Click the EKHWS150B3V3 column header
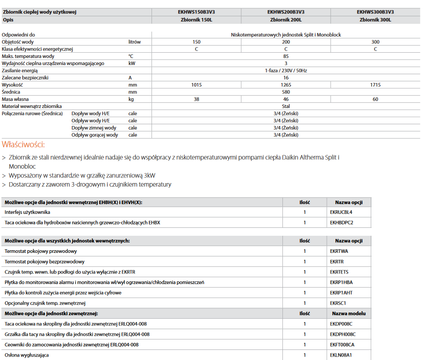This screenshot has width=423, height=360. (x=196, y=12)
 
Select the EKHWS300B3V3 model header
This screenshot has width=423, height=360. (x=375, y=12)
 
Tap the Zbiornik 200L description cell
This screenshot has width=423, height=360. (x=286, y=20)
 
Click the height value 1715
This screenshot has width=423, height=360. (x=375, y=85)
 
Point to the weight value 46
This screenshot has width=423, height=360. (x=286, y=99)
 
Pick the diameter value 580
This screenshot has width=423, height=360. (x=286, y=92)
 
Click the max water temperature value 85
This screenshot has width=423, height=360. (x=286, y=56)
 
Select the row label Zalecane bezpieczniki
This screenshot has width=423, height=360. (x=25, y=78)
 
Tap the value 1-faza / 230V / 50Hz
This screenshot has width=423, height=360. (x=286, y=71)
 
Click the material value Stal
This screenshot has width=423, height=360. (x=286, y=106)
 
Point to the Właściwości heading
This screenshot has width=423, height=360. (x=23, y=144)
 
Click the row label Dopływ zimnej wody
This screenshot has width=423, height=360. (x=94, y=128)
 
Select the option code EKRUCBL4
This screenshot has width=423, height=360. (x=341, y=212)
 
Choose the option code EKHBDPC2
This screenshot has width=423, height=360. (x=342, y=223)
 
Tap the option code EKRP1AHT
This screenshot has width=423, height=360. (x=341, y=293)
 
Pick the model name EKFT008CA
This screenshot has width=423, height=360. (x=342, y=345)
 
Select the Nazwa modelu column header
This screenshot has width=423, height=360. (x=349, y=313)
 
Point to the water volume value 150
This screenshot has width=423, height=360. (x=196, y=42)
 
